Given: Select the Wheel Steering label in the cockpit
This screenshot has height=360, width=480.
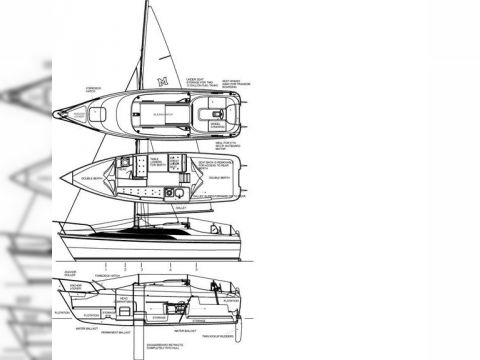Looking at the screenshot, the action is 216,124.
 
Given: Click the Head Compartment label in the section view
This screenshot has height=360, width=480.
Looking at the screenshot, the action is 123,299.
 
